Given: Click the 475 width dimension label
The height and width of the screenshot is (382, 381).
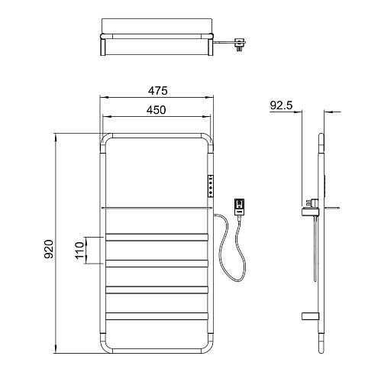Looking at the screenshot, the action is [x=158, y=91].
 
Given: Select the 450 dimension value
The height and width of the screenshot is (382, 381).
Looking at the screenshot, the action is [x=157, y=110].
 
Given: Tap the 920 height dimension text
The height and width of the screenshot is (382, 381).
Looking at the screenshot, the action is [x=49, y=249].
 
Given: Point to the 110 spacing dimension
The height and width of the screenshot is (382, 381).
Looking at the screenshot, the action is [x=79, y=251].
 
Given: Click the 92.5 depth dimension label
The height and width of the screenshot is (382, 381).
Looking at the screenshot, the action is [x=282, y=105].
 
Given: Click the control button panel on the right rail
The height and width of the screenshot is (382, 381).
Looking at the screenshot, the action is [x=211, y=186].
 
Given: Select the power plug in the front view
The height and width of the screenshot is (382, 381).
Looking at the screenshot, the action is [x=239, y=207].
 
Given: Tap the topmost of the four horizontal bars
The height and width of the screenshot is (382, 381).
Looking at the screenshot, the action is [x=157, y=237].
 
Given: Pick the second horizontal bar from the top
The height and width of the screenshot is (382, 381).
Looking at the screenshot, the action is [x=157, y=264].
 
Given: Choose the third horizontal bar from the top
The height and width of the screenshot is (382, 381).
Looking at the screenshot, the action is [x=157, y=290].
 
